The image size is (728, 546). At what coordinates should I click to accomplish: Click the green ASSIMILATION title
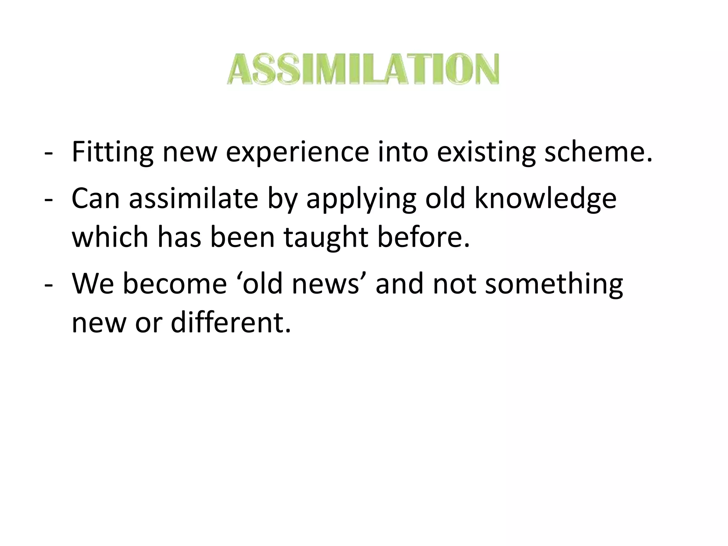tap(363, 69)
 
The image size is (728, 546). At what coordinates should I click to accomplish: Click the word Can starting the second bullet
tap(95, 198)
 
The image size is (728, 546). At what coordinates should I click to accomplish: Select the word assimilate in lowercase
tap(193, 198)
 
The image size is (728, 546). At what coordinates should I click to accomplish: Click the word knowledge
tap(545, 198)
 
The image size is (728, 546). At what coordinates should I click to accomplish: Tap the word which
tap(109, 237)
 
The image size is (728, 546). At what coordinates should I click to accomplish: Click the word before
tap(423, 237)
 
